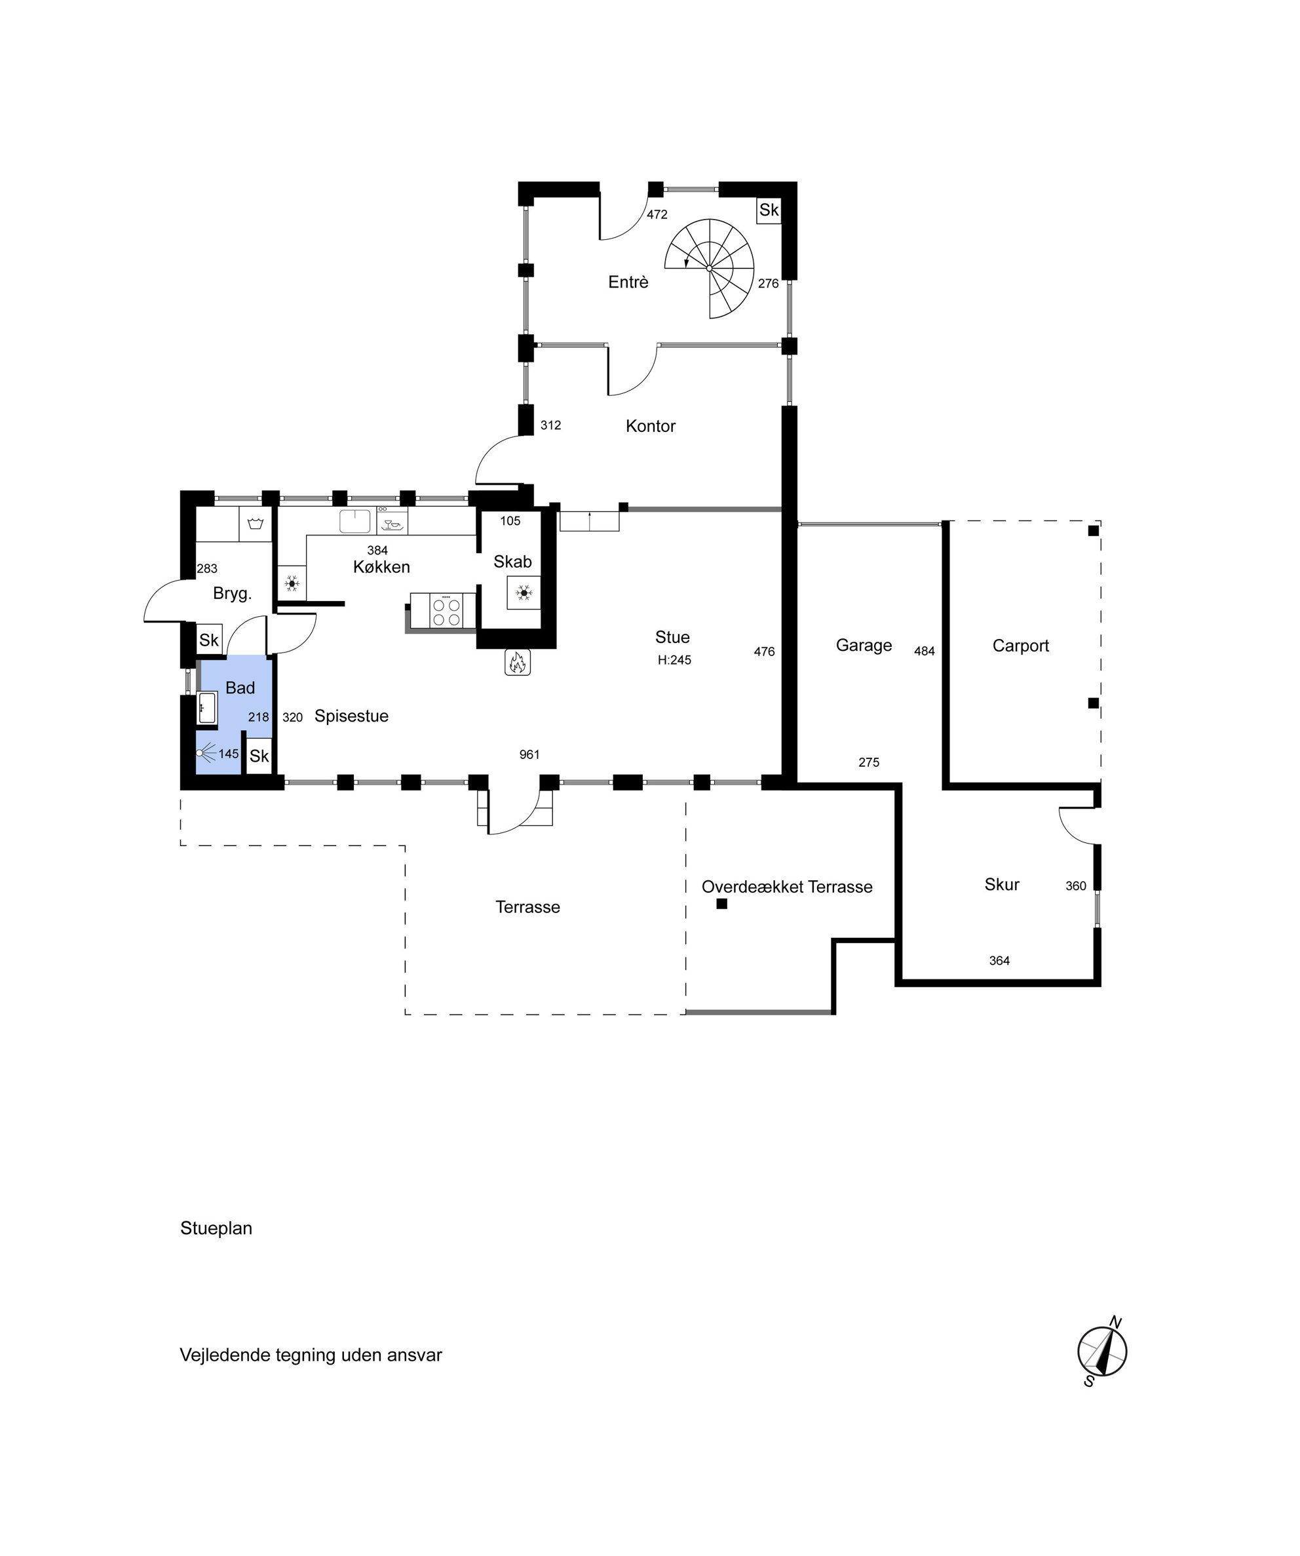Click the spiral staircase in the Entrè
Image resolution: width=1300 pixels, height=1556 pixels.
pyautogui.click(x=709, y=268)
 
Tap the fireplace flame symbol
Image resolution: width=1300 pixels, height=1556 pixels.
pyautogui.click(x=517, y=662)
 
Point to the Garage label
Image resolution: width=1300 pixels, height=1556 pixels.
pyautogui.click(x=864, y=646)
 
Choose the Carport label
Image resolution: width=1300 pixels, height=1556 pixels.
pyautogui.click(x=1021, y=646)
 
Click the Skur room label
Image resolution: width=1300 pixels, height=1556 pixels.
pyautogui.click(x=1001, y=884)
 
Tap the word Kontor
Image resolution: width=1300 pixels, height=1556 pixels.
pyautogui.click(x=651, y=426)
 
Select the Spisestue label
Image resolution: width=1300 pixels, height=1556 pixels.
pyautogui.click(x=351, y=716)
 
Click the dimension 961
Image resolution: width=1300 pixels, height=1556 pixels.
pyautogui.click(x=529, y=754)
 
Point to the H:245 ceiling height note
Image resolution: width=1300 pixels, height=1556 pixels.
pyautogui.click(x=674, y=660)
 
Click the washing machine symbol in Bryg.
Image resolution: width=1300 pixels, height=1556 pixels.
pyautogui.click(x=256, y=524)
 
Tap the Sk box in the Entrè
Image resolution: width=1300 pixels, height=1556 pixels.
pyautogui.click(x=769, y=210)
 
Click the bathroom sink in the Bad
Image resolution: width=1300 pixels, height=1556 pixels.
pyautogui.click(x=206, y=709)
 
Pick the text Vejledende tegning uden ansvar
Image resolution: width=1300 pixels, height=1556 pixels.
pyautogui.click(x=311, y=1355)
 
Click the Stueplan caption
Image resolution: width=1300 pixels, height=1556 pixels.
pyautogui.click(x=216, y=1228)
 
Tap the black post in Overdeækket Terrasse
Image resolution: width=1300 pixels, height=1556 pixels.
pyautogui.click(x=721, y=903)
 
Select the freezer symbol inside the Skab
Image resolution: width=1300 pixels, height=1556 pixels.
pyautogui.click(x=524, y=593)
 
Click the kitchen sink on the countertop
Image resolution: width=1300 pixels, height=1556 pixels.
pyautogui.click(x=355, y=521)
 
